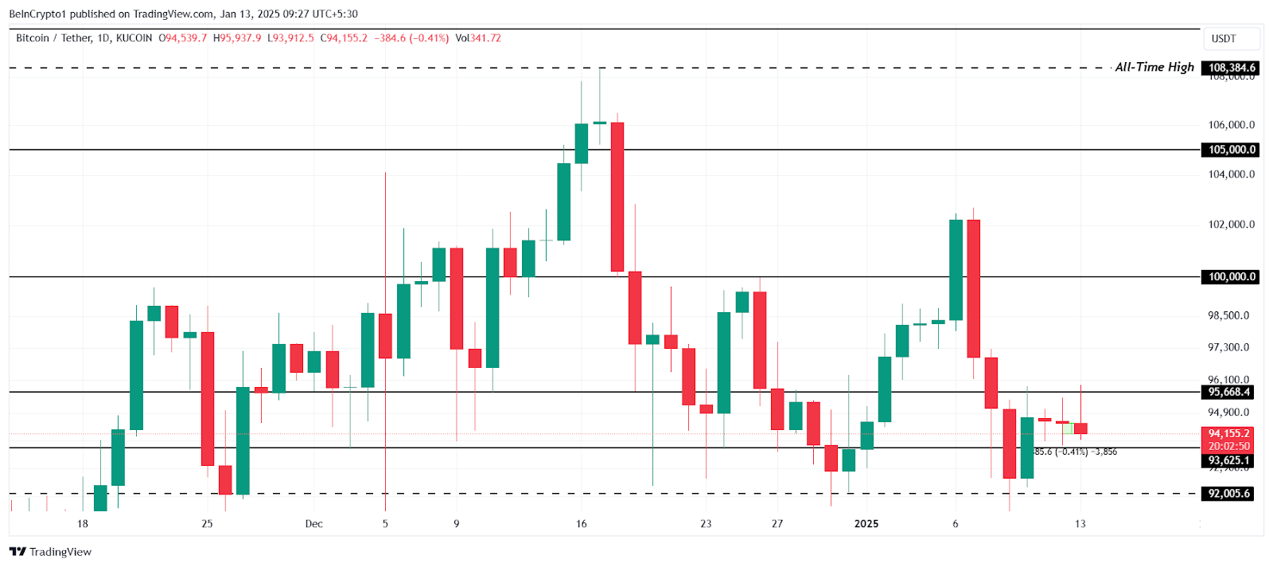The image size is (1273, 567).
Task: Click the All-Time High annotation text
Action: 1154,68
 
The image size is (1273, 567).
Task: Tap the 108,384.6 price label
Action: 1231,68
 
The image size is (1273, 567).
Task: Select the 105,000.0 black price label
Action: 1231,150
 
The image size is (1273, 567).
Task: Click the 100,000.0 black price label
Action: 1231,277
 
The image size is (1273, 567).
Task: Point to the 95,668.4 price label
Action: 1229,392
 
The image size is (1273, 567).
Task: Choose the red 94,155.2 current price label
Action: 1229,434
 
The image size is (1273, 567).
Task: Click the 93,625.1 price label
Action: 1229,460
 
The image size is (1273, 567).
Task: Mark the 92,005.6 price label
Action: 1229,494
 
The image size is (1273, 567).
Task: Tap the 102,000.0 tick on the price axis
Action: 1231,225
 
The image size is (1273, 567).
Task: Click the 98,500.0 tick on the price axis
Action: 1228,315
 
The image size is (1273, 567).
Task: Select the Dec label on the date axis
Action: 314,524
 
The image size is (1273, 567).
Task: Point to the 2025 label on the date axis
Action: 866,524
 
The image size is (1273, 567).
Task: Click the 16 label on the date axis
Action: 582,524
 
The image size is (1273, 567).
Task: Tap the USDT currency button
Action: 1224,38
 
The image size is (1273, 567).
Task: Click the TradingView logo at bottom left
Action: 51,552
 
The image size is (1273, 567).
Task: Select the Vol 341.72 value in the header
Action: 478,38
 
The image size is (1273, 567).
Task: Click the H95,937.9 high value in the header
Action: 237,38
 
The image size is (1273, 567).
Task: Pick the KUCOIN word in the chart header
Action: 134,38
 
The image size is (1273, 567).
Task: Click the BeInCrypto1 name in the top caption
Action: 37,14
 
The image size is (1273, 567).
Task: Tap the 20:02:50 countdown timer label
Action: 1229,447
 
